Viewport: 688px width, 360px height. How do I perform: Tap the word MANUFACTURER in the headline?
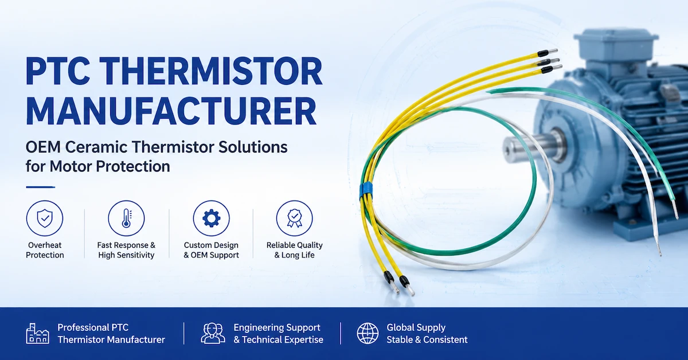(x=171, y=111)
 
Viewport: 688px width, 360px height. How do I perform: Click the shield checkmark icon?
(x=45, y=218)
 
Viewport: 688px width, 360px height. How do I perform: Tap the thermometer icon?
(x=126, y=218)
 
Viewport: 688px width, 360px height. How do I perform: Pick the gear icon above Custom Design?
(x=212, y=218)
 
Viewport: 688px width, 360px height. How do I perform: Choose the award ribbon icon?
(x=295, y=218)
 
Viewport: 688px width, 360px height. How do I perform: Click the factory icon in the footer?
(x=37, y=333)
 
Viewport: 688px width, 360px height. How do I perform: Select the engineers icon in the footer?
(x=213, y=333)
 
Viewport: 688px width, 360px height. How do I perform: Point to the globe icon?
(x=368, y=333)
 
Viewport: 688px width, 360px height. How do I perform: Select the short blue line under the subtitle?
(x=41, y=187)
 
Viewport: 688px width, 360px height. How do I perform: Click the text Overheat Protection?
(x=45, y=250)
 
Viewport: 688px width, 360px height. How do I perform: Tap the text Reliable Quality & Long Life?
(x=295, y=250)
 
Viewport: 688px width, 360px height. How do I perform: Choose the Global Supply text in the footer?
(x=416, y=327)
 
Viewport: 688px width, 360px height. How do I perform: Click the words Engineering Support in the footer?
(x=277, y=327)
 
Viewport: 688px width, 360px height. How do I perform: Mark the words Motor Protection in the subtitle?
(x=110, y=166)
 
